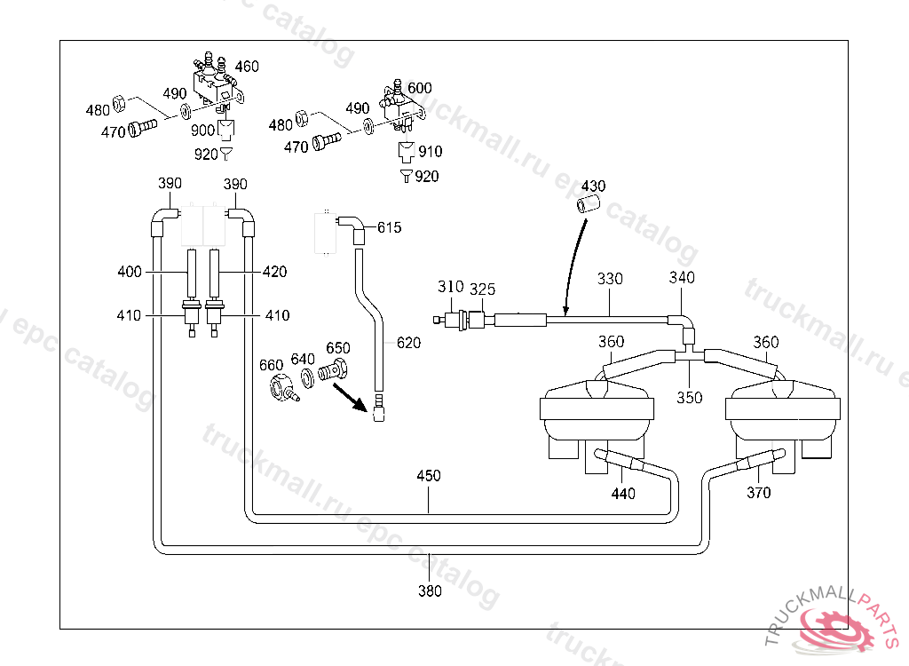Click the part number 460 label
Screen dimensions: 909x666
[247, 67]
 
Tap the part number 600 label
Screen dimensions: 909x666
[420, 88]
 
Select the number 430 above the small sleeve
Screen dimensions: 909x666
[593, 186]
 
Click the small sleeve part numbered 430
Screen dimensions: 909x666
[588, 205]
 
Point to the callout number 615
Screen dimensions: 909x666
[389, 228]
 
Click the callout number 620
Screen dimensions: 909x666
[408, 343]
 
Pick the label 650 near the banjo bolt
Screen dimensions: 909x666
[338, 348]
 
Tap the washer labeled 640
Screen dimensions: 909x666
[308, 378]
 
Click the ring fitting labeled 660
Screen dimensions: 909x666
[282, 388]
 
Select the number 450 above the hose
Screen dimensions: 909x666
[429, 476]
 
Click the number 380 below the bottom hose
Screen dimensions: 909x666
[430, 591]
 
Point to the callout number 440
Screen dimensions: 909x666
[623, 494]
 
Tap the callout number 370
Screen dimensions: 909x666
[758, 493]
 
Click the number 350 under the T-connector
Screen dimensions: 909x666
[689, 398]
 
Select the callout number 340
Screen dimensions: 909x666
[682, 278]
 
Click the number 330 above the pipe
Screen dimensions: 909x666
[610, 279]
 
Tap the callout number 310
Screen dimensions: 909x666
[450, 287]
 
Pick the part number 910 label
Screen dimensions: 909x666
[431, 152]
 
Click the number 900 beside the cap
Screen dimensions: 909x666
[203, 131]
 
